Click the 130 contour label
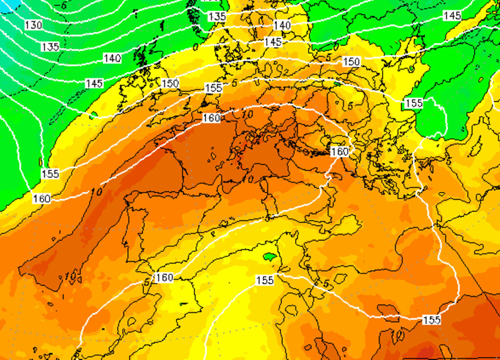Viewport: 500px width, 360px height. pos(33,25)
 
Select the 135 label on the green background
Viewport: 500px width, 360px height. pos(50,47)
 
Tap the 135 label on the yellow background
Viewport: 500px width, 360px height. pos(217,17)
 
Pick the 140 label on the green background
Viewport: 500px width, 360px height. pos(112,59)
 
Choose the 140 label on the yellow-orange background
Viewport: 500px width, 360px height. pos(282,25)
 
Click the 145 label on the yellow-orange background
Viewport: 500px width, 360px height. pos(273,42)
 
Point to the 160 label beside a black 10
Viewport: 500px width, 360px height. pos(211,118)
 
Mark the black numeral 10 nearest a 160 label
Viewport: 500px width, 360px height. pos(247,114)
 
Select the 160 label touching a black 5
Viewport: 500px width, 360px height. pos(164,278)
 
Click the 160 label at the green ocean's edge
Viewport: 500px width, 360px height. pos(42,199)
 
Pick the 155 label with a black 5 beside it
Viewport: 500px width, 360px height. pos(213,88)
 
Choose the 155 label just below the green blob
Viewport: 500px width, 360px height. pos(265,280)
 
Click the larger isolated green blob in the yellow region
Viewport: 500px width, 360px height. pos(270,256)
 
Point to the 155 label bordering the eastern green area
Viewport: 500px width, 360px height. pos(414,103)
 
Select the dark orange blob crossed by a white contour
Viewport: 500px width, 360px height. pos(388,310)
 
